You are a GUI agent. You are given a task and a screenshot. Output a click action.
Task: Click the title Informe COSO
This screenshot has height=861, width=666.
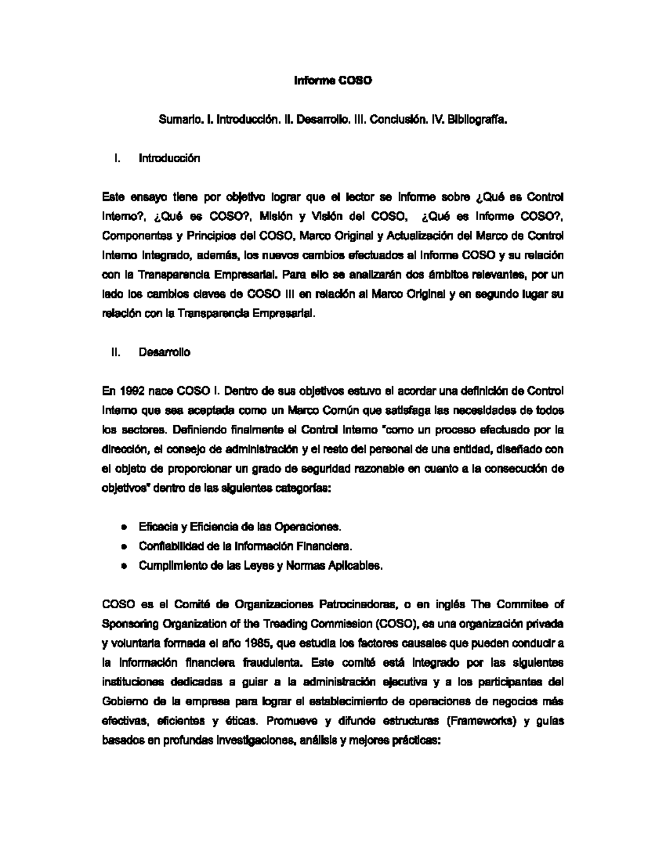pyautogui.click(x=332, y=81)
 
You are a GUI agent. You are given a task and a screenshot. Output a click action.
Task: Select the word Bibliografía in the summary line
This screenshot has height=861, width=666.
pyautogui.click(x=479, y=119)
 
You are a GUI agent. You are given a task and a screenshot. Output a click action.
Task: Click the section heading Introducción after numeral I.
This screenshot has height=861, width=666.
pyautogui.click(x=169, y=158)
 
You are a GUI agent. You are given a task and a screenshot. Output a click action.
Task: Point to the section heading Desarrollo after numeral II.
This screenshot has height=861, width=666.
pyautogui.click(x=164, y=352)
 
